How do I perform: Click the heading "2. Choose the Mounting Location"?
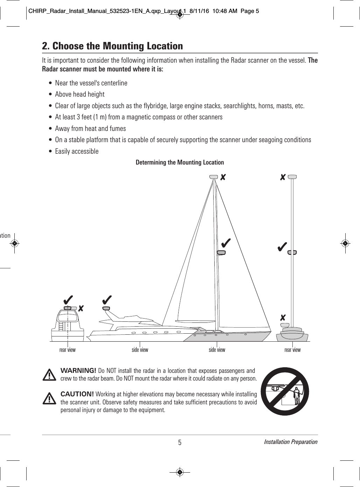112,46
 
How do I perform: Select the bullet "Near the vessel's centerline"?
91,83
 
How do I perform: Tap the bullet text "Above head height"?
79,94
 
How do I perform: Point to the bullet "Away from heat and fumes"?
90,128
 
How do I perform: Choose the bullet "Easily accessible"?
77,151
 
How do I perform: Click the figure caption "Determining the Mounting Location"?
180,162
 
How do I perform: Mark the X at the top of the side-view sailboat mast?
222,178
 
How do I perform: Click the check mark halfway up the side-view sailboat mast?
226,242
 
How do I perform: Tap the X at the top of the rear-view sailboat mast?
283,178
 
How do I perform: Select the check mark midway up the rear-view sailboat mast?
282,246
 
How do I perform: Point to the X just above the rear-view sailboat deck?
283,318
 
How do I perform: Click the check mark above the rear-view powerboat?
68,300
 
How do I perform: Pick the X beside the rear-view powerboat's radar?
81,308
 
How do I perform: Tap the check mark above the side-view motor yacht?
107,300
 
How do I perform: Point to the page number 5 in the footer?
180,443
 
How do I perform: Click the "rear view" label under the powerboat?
67,350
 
